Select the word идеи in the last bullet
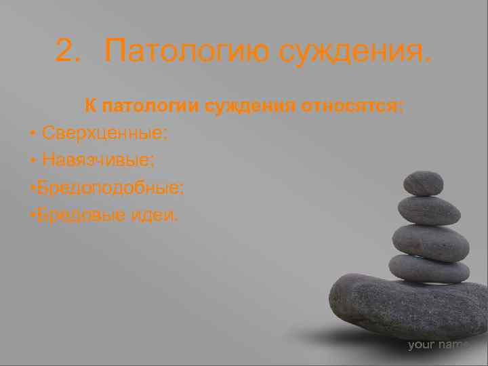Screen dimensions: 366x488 tap(155, 215)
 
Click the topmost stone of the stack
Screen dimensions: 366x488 tap(423, 183)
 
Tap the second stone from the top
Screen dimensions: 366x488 tap(429, 211)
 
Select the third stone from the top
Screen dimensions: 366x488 tap(430, 242)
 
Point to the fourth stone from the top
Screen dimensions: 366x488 tap(429, 269)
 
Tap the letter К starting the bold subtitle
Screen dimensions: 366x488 tap(88, 106)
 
